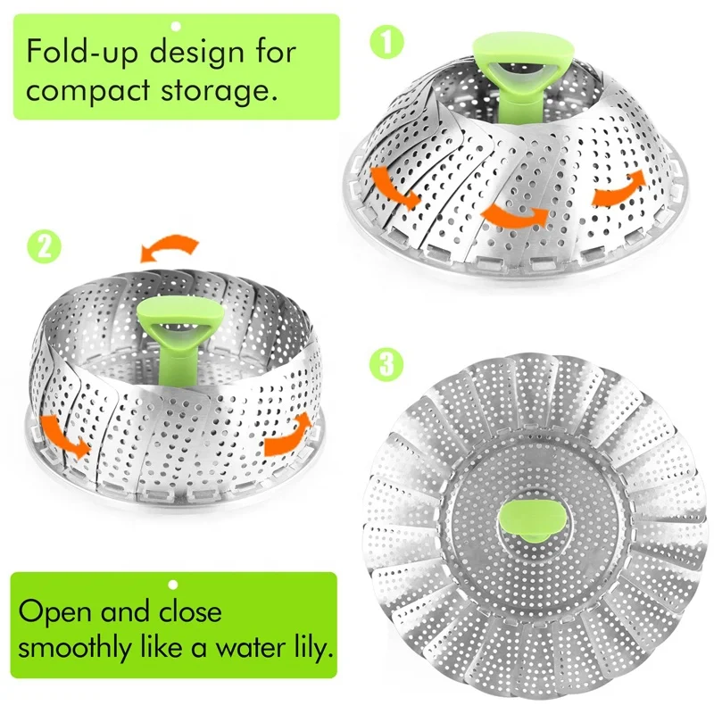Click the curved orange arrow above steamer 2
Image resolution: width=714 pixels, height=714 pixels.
(x=172, y=246)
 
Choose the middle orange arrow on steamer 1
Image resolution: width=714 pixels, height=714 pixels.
(x=511, y=214)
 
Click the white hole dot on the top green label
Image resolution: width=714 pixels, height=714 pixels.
(x=176, y=27)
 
